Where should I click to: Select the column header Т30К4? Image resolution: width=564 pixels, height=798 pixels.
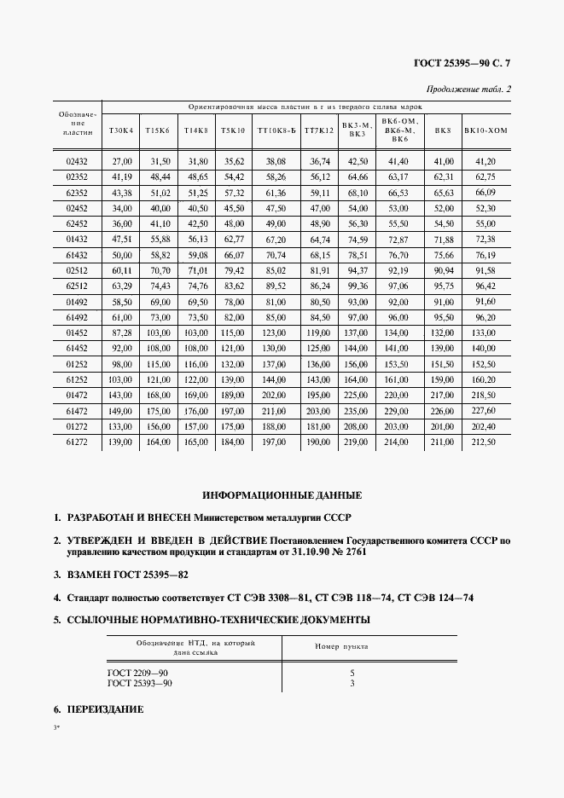122,130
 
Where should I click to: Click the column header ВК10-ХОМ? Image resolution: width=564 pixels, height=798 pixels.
485,130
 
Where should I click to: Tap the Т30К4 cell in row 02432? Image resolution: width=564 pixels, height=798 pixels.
122,161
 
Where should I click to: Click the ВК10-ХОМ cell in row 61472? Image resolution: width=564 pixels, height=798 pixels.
485,411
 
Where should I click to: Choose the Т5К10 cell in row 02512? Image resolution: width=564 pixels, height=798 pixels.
234,270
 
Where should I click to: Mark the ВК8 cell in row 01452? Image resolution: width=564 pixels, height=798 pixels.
443,332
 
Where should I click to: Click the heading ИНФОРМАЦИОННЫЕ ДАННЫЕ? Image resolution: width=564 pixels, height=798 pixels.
282,495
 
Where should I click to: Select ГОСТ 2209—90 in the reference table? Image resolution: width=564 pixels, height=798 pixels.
138,674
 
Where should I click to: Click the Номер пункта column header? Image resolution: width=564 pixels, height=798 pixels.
341,647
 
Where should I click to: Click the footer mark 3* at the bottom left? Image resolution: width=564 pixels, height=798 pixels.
56,729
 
